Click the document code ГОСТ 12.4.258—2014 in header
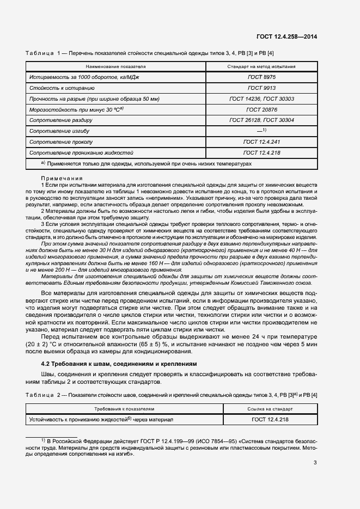[287, 36]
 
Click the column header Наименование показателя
[115, 66]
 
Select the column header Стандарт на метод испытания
[261, 66]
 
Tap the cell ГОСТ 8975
[261, 77]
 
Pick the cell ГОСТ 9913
[261, 88]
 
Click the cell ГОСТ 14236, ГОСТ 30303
[261, 99]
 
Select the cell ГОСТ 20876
[261, 109]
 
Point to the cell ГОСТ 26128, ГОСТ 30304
[261, 120]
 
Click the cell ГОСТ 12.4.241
[261, 142]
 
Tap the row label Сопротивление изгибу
[59, 131]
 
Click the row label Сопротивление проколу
[60, 142]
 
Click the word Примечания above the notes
[62, 179]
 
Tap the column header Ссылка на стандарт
[270, 408]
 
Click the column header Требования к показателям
[124, 408]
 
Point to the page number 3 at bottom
[315, 463]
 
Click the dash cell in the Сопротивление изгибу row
[261, 131]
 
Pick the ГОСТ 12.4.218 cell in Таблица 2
[270, 419]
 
